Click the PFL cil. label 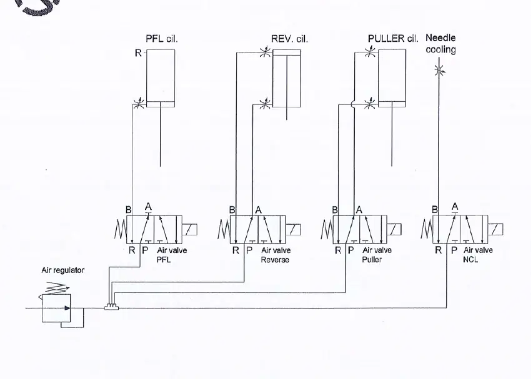pyautogui.click(x=162, y=39)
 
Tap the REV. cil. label pyautogui.click(x=289, y=39)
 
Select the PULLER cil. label pyautogui.click(x=393, y=38)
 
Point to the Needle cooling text pyautogui.click(x=440, y=44)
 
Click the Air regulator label pyautogui.click(x=63, y=270)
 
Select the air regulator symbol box pyautogui.click(x=56, y=308)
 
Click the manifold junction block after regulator pyautogui.click(x=111, y=307)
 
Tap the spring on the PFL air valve pyautogui.click(x=120, y=229)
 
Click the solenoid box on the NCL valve pyautogui.click(x=495, y=229)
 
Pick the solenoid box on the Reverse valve pyautogui.click(x=293, y=229)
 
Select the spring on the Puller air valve pyautogui.click(x=327, y=229)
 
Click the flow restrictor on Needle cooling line pyautogui.click(x=439, y=71)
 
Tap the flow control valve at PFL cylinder pyautogui.click(x=139, y=103)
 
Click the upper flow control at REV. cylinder pyautogui.click(x=265, y=52)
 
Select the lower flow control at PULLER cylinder pyautogui.click(x=370, y=103)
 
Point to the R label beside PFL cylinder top pyautogui.click(x=138, y=53)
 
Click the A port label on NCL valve pyautogui.click(x=455, y=206)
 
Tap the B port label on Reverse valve pyautogui.click(x=232, y=210)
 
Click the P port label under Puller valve pyautogui.click(x=351, y=250)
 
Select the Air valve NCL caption pyautogui.click(x=478, y=255)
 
